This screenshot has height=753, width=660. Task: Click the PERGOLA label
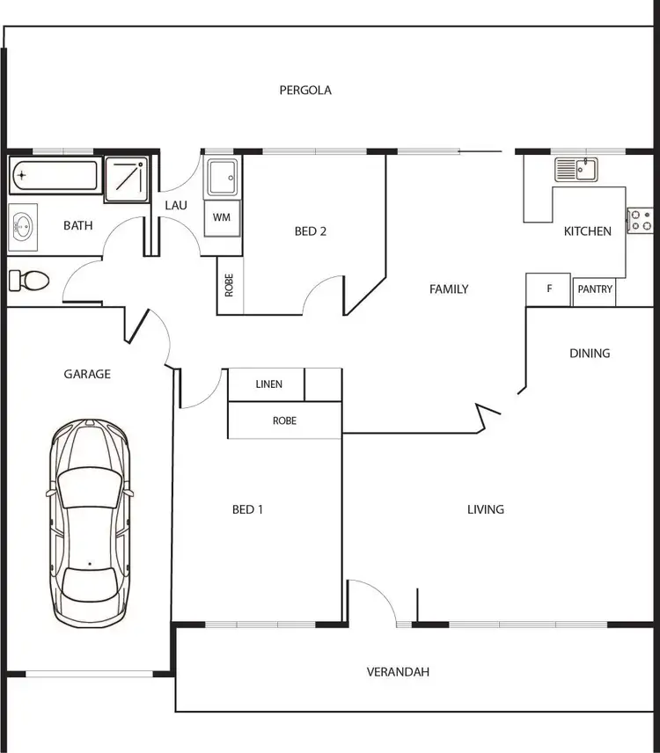pyautogui.click(x=305, y=90)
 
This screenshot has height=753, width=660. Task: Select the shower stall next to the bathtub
pyautogui.click(x=127, y=177)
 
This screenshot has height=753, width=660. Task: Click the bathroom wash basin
pyautogui.click(x=23, y=227)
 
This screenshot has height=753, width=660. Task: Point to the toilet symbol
pyautogui.click(x=28, y=281)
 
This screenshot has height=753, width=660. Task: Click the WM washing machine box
pyautogui.click(x=222, y=217)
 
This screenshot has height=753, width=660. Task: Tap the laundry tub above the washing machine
pyautogui.click(x=221, y=178)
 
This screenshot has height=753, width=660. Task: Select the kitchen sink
pyautogui.click(x=576, y=168)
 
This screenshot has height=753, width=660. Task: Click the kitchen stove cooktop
pyautogui.click(x=639, y=220)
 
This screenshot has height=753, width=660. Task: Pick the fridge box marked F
pyautogui.click(x=549, y=289)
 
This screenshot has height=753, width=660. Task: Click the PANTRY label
pyautogui.click(x=595, y=289)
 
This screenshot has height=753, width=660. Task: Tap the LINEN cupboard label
pyautogui.click(x=269, y=384)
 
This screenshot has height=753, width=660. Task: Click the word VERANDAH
pyautogui.click(x=398, y=672)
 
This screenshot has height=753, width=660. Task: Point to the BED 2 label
pyautogui.click(x=311, y=231)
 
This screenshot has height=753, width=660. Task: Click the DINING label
pyautogui.click(x=590, y=354)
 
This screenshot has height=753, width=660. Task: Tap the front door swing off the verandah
pyautogui.click(x=373, y=602)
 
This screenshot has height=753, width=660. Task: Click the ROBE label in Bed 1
pyautogui.click(x=284, y=420)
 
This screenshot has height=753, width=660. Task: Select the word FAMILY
pyautogui.click(x=449, y=289)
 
